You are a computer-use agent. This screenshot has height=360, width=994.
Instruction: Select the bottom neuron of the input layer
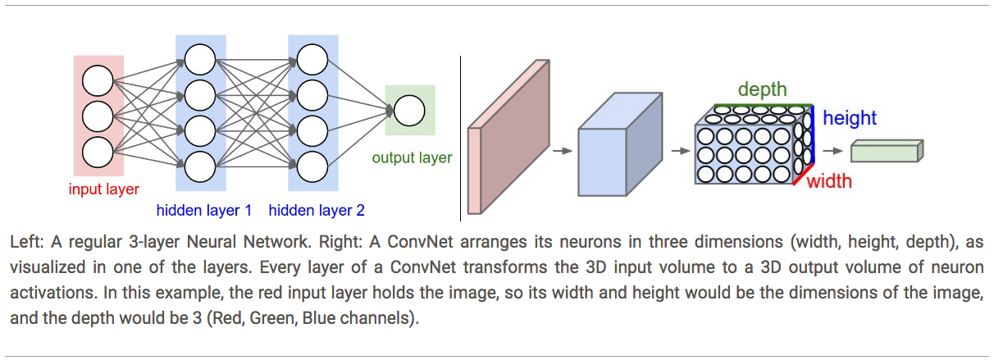coord(98,152)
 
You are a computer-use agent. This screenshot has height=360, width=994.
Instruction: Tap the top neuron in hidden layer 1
coord(200,58)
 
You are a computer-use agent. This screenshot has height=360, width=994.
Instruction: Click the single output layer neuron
coord(409,111)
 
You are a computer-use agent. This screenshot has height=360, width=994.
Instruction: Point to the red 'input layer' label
coord(104,189)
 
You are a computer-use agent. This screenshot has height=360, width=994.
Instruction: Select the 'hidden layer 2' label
coord(317,211)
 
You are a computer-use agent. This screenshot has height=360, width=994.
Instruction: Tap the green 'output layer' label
coord(412,157)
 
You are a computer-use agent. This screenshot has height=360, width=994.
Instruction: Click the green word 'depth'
coord(762,89)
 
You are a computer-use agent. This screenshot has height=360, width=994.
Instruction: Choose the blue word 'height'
coord(850,118)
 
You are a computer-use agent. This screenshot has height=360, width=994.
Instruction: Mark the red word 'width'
coord(829,180)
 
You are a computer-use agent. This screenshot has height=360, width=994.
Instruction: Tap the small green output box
coord(887,152)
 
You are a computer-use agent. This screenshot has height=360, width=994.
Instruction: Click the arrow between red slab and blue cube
coord(561,151)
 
